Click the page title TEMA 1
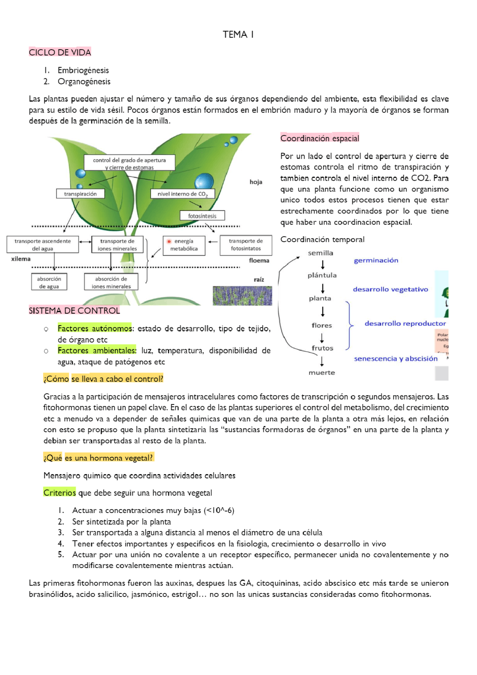238,35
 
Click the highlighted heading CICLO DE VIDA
60,52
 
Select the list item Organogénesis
84,82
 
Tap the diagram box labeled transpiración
80,194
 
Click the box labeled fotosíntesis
202,216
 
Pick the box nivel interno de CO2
183,194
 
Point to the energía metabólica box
184,245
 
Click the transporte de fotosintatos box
246,245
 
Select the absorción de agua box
49,282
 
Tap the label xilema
21,259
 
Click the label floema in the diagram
259,260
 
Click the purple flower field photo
242,296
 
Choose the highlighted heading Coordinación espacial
320,138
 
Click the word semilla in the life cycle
320,253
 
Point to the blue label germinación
376,260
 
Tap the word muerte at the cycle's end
322,373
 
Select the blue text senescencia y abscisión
396,359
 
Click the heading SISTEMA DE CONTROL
75,311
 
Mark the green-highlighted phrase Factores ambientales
97,351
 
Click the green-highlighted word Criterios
60,492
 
